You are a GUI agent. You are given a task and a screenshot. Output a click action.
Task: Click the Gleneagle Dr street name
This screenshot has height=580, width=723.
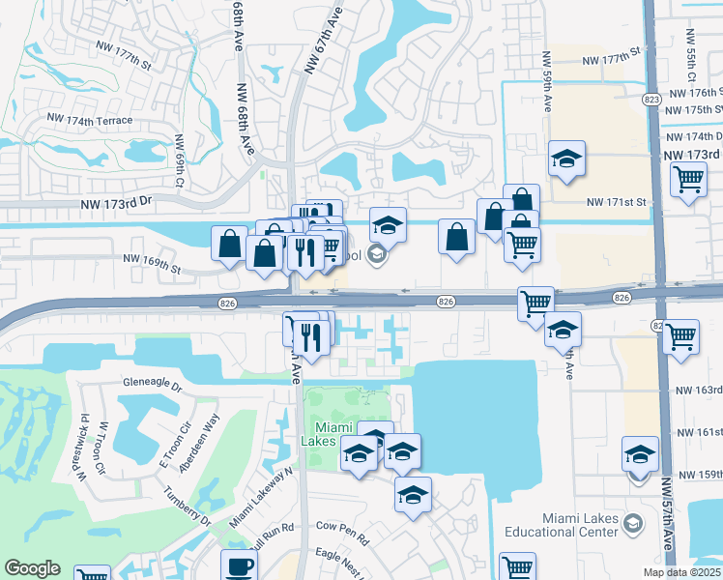(153, 383)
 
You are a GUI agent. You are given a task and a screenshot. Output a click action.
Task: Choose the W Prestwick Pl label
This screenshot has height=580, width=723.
(85, 448)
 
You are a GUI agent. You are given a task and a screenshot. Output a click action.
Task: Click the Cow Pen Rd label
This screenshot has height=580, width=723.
(342, 527)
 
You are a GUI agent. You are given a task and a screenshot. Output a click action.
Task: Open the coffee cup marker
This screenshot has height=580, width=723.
(239, 566)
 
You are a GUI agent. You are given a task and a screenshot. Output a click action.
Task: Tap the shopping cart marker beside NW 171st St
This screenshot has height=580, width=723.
(687, 179)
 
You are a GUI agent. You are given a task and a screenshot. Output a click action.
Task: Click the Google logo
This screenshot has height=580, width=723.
(32, 568)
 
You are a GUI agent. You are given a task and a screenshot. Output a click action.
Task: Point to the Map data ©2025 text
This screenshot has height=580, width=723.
(683, 571)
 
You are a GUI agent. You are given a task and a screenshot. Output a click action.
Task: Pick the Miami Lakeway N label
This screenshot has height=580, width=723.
(261, 498)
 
